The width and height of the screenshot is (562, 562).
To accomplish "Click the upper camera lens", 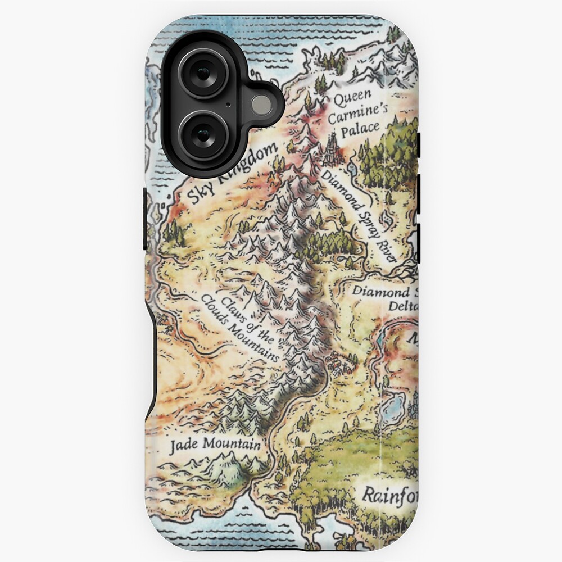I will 203,74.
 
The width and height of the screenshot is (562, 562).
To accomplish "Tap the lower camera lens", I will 203,135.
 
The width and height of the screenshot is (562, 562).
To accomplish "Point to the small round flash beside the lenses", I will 261,105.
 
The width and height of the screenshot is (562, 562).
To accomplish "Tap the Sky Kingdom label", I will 232,174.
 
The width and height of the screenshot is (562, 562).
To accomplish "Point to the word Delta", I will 404,306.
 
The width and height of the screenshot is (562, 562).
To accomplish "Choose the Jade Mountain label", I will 215,444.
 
